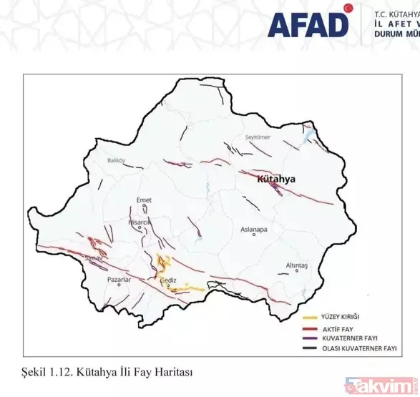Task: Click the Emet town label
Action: click(143, 200)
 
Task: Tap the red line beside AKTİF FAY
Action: click(311, 327)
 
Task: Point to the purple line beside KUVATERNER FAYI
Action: click(311, 337)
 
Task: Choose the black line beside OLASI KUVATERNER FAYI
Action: click(311, 348)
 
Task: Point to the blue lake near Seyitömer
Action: click(310, 134)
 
